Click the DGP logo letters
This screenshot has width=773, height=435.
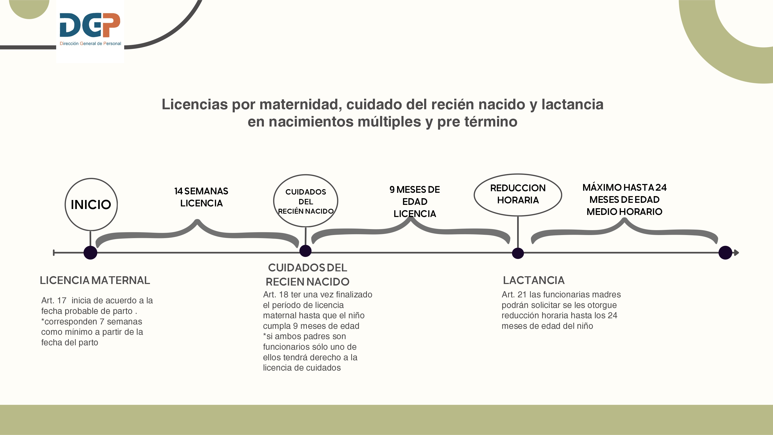[90, 25]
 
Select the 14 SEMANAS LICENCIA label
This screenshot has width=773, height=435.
[201, 197]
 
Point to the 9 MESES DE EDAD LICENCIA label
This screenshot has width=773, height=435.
[415, 202]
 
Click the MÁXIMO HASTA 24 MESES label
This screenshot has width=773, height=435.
[625, 199]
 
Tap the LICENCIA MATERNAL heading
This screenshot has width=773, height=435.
[95, 280]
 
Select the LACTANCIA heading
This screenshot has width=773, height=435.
[534, 280]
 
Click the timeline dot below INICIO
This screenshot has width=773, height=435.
[90, 253]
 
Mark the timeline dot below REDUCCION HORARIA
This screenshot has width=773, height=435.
[518, 253]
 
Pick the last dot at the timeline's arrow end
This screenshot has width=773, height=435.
[726, 253]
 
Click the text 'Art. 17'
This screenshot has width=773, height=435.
[54, 300]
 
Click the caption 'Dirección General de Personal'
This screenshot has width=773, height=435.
[90, 44]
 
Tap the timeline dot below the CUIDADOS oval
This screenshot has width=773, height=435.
[306, 251]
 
